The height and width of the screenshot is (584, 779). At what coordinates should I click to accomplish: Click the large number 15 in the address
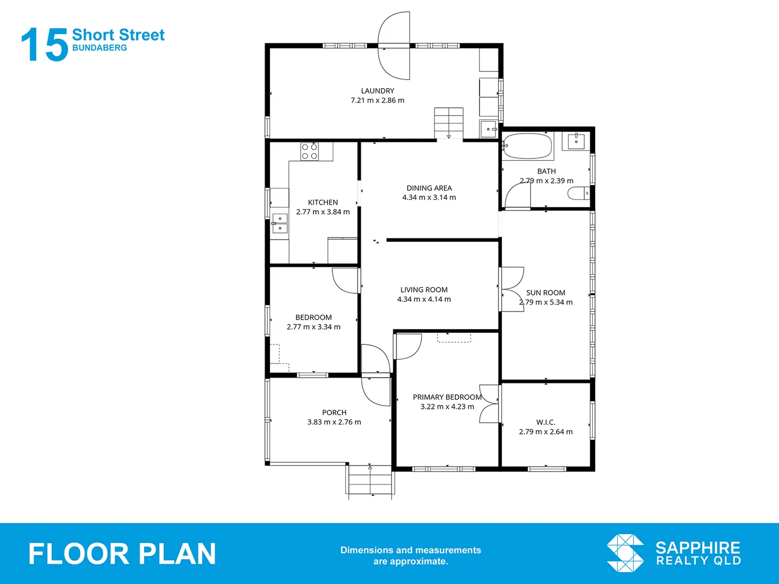pos(44,45)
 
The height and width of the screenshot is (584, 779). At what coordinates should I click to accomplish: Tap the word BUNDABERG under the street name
pos(100,48)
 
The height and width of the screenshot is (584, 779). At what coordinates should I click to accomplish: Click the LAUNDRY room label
pos(378,91)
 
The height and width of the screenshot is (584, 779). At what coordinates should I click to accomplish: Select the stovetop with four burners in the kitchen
pos(309,151)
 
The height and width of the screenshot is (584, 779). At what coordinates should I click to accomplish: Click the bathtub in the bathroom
pos(527,146)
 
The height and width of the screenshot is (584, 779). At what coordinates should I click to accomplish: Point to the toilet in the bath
pos(579,193)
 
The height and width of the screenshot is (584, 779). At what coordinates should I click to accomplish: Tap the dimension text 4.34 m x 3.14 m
pos(429,197)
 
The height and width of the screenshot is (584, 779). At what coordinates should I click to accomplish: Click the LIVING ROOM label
pos(424,290)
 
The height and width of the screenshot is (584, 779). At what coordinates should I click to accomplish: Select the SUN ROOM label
pos(545,293)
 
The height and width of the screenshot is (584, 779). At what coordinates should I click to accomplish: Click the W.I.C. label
pos(545,422)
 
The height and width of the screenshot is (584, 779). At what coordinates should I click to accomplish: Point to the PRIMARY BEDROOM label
pos(447,397)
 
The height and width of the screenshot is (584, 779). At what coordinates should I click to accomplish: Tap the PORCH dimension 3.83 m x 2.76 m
pos(334,422)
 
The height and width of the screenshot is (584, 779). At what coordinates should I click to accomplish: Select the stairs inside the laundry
pos(448,122)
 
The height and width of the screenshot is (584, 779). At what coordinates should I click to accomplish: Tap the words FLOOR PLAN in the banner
pos(122,554)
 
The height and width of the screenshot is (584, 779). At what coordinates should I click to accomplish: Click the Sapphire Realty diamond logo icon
pos(625,553)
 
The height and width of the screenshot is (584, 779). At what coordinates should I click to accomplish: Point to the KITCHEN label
pos(323,202)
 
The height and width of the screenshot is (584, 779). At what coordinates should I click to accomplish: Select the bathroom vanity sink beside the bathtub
pos(575,141)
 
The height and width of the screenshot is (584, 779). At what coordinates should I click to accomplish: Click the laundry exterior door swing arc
pos(394,46)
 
